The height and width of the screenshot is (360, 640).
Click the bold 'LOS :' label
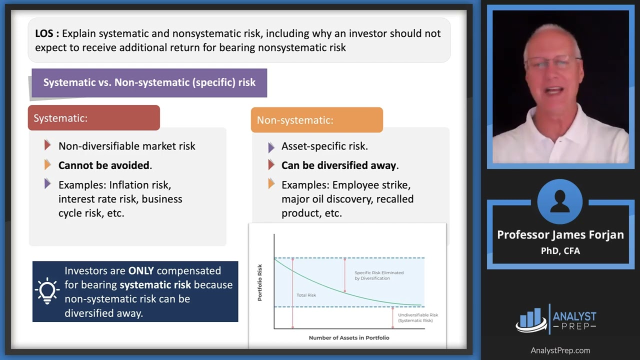[47, 33]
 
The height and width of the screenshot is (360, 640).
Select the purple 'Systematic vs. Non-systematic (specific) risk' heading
[149, 82]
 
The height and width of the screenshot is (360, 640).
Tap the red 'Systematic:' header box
[94, 118]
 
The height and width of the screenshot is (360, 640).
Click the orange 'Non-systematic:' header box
[316, 120]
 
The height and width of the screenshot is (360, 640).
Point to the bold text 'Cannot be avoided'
[104, 165]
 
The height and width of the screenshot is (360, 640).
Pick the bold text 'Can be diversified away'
[339, 165]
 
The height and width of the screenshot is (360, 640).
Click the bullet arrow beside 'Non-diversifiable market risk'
[47, 145]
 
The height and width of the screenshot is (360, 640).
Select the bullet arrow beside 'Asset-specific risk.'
[271, 147]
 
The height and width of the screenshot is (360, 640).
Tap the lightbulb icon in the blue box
[47, 291]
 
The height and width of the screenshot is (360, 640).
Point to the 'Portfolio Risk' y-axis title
[259, 282]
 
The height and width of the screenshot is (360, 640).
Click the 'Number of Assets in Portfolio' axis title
[348, 337]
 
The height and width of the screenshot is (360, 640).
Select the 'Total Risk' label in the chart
[306, 295]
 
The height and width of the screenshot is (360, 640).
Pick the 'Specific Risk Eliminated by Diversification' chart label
[378, 275]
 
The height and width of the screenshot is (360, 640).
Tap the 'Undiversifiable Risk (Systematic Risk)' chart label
[417, 317]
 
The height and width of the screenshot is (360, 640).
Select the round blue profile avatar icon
[559, 201]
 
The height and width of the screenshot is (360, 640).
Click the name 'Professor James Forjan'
[560, 235]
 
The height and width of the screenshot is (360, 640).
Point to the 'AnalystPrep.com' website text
[560, 350]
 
